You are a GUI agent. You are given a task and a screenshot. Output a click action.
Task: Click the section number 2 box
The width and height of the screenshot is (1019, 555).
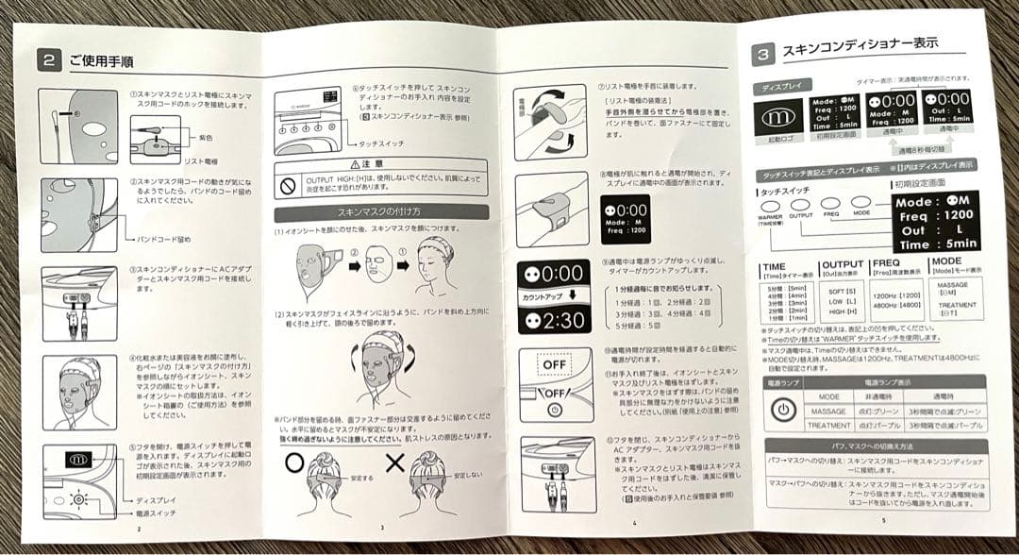click(x=50, y=59)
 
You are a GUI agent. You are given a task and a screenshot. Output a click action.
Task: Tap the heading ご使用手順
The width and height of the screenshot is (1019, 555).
click(x=101, y=60)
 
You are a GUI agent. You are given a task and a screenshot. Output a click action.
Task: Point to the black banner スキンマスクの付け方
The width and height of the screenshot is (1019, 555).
click(x=381, y=212)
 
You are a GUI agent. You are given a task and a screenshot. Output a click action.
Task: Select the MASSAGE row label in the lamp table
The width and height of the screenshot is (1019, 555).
click(x=829, y=411)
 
